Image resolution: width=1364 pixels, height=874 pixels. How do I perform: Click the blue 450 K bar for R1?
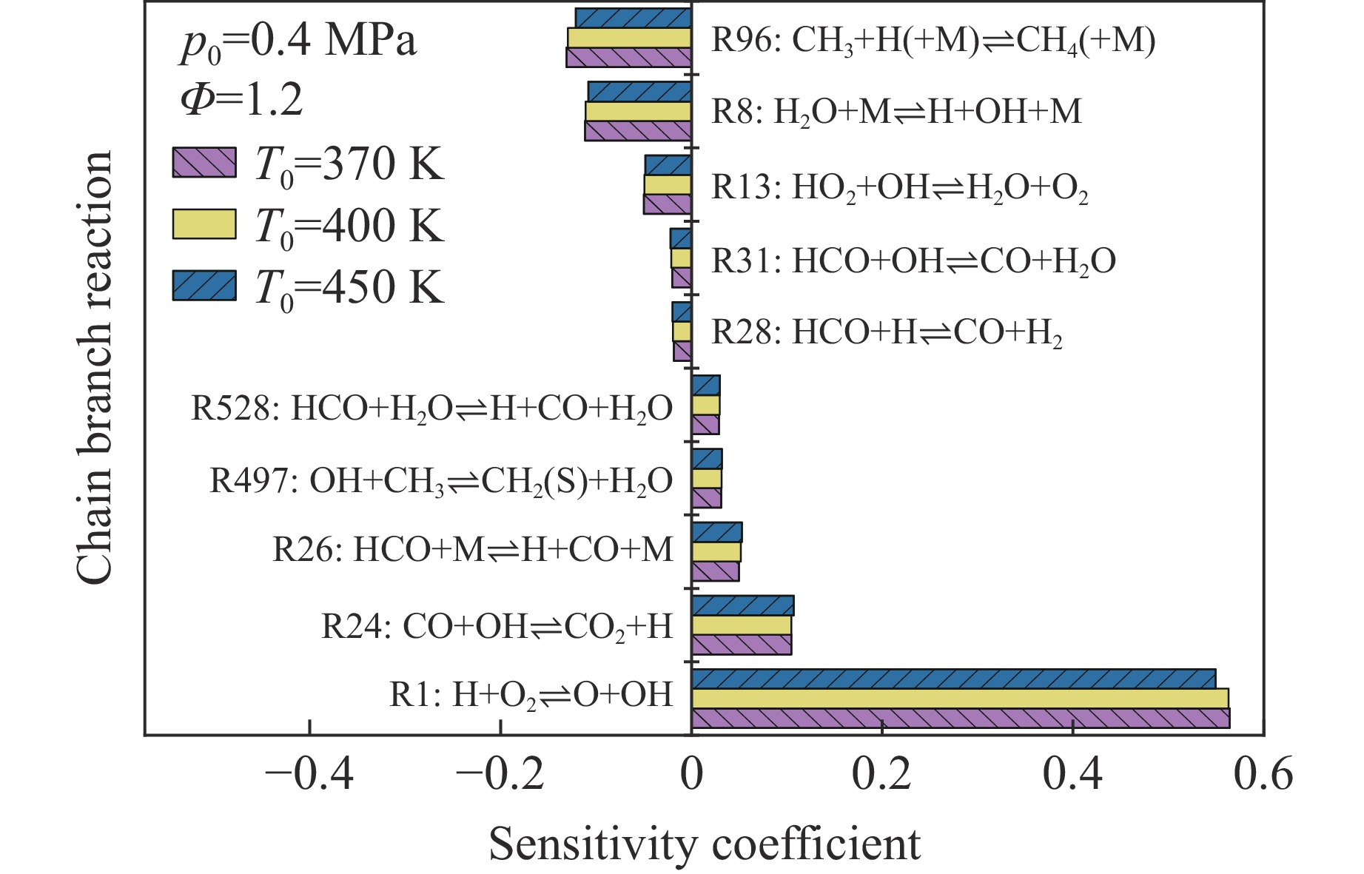[953, 679]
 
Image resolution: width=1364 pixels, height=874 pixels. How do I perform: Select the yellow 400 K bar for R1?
[959, 699]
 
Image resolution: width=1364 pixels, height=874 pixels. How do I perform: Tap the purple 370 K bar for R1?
[960, 719]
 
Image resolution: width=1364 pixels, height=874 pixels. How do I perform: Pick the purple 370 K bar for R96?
[628, 58]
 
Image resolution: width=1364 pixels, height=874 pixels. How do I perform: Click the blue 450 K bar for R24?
[742, 605]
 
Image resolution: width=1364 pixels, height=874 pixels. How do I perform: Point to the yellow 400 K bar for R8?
[638, 111]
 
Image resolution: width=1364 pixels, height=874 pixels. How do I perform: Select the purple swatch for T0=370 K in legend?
[204, 163]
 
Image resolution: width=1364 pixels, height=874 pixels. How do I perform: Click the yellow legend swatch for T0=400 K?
[204, 225]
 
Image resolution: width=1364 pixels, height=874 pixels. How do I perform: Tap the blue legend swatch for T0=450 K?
[204, 286]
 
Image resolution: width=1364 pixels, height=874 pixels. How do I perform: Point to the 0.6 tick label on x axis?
[1263, 774]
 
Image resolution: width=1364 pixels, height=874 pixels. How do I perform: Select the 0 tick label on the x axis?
[691, 774]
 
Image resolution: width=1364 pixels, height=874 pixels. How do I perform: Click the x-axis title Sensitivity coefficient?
[705, 844]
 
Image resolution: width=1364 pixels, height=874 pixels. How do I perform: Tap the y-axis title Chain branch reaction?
[95, 368]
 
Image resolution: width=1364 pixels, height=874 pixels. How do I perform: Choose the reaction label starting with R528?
[431, 408]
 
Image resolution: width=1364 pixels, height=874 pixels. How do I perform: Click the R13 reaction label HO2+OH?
[899, 187]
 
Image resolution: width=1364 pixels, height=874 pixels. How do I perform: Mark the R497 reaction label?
[441, 480]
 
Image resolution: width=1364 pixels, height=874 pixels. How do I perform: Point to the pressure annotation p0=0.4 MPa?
[298, 42]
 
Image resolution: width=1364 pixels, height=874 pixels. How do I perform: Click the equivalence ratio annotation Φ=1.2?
[241, 101]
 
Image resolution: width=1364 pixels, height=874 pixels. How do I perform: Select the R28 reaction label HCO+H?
[887, 332]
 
